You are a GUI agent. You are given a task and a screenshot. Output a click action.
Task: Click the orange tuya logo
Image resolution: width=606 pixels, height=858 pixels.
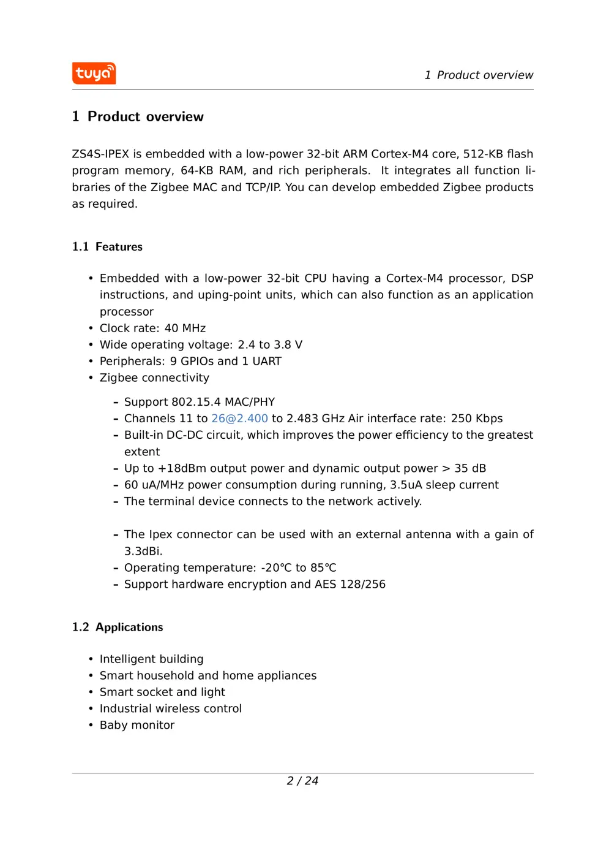tap(94, 74)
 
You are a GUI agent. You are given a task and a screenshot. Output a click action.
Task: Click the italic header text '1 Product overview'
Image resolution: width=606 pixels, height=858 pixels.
tap(479, 75)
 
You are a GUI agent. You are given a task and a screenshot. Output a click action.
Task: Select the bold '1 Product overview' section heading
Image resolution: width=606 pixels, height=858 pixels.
tap(138, 116)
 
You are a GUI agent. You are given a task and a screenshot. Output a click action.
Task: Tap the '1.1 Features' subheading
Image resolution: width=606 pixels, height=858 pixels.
tap(107, 246)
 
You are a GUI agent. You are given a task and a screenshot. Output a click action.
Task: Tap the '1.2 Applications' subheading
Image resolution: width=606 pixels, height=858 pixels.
tap(118, 627)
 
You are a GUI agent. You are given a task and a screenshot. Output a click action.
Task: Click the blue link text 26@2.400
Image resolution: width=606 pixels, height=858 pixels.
tap(239, 419)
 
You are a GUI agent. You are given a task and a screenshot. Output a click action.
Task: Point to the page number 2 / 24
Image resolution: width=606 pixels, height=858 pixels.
tap(302, 781)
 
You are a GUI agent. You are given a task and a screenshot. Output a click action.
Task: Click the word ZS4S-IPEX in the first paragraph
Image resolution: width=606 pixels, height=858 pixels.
tap(100, 154)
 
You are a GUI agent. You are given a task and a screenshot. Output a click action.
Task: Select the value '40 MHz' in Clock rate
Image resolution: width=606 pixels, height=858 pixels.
tap(185, 328)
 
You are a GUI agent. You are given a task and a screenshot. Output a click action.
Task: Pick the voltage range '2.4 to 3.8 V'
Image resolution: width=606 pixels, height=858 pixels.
tap(270, 345)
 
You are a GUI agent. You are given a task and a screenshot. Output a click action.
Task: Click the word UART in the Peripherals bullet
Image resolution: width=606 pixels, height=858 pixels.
tap(267, 362)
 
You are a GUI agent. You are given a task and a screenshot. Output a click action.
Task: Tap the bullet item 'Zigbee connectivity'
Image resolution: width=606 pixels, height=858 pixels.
tap(154, 378)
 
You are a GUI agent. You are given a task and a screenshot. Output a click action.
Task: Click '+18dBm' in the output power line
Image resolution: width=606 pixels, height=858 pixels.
tap(182, 468)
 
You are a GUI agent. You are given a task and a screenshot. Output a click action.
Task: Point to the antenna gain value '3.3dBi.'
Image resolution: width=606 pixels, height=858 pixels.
tap(143, 551)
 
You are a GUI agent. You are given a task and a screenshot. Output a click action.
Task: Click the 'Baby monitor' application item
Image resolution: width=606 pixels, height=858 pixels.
tap(137, 725)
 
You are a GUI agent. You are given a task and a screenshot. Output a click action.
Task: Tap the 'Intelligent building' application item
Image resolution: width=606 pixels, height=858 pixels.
tap(151, 659)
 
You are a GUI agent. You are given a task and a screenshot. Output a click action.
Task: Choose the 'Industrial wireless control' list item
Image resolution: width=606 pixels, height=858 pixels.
tap(170, 708)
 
